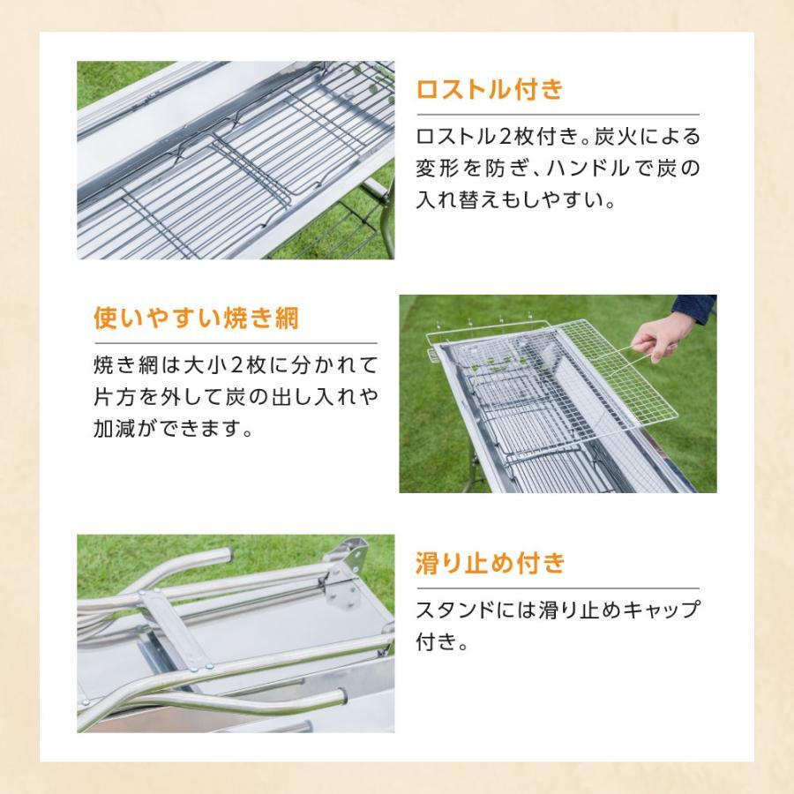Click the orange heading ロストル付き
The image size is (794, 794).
point(488,91)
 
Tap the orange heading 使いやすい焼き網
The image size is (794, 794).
point(196,318)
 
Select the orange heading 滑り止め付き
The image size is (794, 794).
point(490,564)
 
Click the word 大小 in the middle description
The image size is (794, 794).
point(209,365)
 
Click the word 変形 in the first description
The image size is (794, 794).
point(438,169)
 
